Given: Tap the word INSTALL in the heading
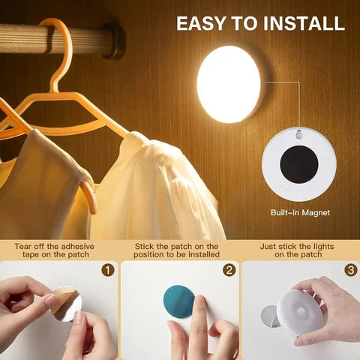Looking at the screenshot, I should pyautogui.click(x=304, y=22).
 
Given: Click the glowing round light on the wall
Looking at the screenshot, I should pyautogui.click(x=229, y=84).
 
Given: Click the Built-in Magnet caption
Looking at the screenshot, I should pyautogui.click(x=300, y=213).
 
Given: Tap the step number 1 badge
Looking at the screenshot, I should pyautogui.click(x=108, y=269).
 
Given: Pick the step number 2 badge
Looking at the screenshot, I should pyautogui.click(x=229, y=269).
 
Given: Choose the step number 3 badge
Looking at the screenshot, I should pyautogui.click(x=349, y=269).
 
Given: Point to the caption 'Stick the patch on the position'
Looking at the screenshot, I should pyautogui.click(x=177, y=250).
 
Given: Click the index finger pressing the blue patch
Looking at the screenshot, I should pyautogui.click(x=199, y=315).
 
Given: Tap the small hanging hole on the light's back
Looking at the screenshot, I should pyautogui.click(x=300, y=136).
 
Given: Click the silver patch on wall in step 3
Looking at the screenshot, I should pyautogui.click(x=271, y=316).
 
